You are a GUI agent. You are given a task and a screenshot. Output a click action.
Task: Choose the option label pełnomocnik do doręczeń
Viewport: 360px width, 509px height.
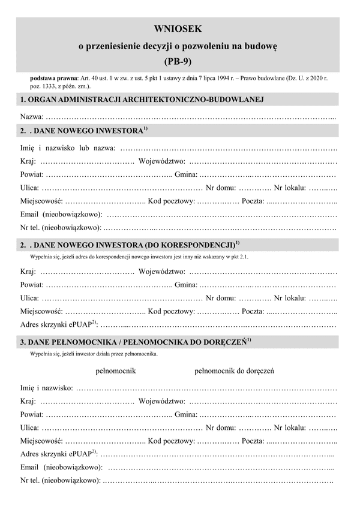[x=235, y=371]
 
